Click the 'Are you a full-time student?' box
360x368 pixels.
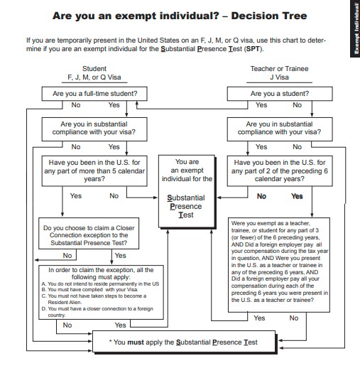[x=94, y=94]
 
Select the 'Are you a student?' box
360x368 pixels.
[x=280, y=94]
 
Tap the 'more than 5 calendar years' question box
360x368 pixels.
[x=94, y=171]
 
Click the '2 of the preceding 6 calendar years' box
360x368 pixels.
[x=280, y=171]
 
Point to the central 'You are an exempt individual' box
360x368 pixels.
[x=187, y=191]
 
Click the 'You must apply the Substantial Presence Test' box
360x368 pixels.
[x=184, y=342]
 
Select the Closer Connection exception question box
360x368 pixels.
[x=89, y=233]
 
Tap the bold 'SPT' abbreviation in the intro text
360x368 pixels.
[x=253, y=49]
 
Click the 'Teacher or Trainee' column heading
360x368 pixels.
[x=279, y=69]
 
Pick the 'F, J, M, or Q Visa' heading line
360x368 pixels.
[x=94, y=77]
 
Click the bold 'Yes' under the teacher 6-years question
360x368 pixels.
[x=297, y=196]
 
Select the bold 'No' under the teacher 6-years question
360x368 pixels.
[x=261, y=196]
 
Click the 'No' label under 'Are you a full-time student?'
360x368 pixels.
[x=76, y=105]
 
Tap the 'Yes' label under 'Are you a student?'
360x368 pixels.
[x=261, y=105]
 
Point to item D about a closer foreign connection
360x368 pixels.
[x=97, y=312]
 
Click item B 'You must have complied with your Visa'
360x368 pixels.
[x=89, y=290]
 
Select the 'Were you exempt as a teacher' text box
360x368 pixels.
[x=279, y=265]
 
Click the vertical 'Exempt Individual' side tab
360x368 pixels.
[x=356, y=28]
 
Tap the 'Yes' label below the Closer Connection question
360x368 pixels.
[x=120, y=256]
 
